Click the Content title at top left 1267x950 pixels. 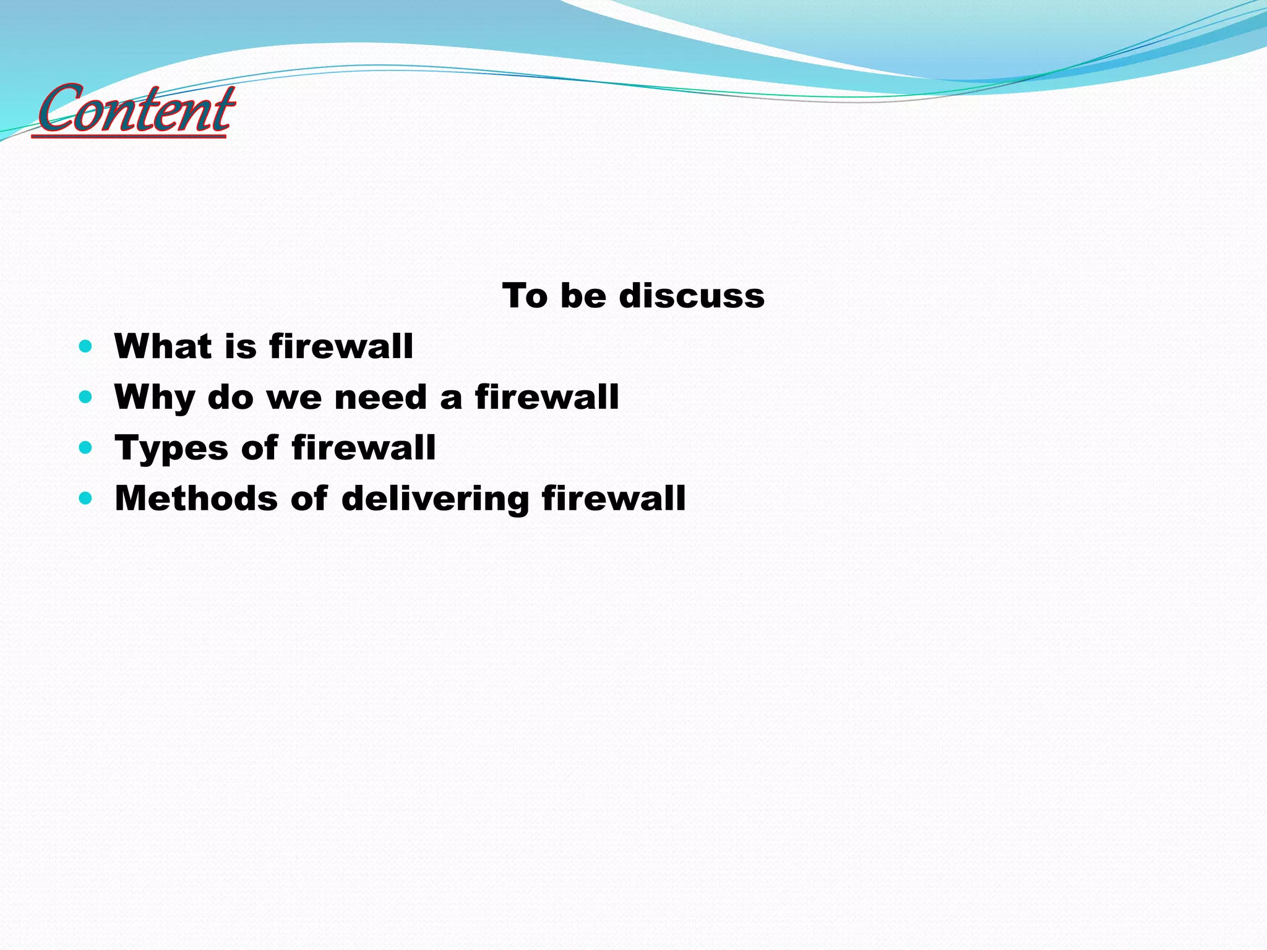coord(135,110)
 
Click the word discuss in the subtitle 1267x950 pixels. coord(692,296)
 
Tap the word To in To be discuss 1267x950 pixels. coord(525,296)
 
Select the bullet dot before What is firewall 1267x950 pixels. coord(86,346)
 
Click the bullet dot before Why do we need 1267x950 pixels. coord(86,396)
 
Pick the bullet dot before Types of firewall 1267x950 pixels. coord(86,447)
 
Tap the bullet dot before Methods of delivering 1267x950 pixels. coord(86,498)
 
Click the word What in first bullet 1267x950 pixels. coord(163,346)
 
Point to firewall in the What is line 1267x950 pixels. coord(341,346)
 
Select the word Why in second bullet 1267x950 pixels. coord(155,398)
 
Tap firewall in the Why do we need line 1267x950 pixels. coord(547,396)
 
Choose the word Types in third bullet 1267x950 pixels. coord(171,448)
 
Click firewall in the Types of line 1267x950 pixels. coord(364,447)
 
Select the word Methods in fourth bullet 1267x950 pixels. coord(196,498)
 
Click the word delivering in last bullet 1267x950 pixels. coord(435,499)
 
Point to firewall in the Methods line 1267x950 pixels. coord(614,498)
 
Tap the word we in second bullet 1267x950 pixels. coord(294,398)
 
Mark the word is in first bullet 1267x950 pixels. coord(241,346)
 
